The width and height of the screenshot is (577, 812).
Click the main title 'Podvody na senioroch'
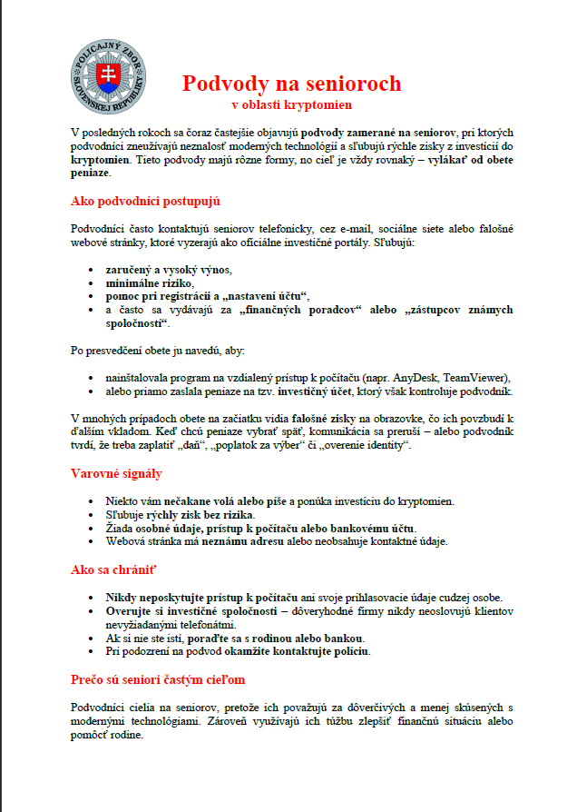pos(291,84)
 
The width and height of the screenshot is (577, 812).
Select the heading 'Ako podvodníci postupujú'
pos(145,201)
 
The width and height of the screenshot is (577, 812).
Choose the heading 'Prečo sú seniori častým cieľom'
pos(157,679)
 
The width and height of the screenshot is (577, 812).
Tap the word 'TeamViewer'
pos(478,377)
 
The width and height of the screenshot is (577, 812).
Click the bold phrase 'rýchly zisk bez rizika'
pos(197,515)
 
